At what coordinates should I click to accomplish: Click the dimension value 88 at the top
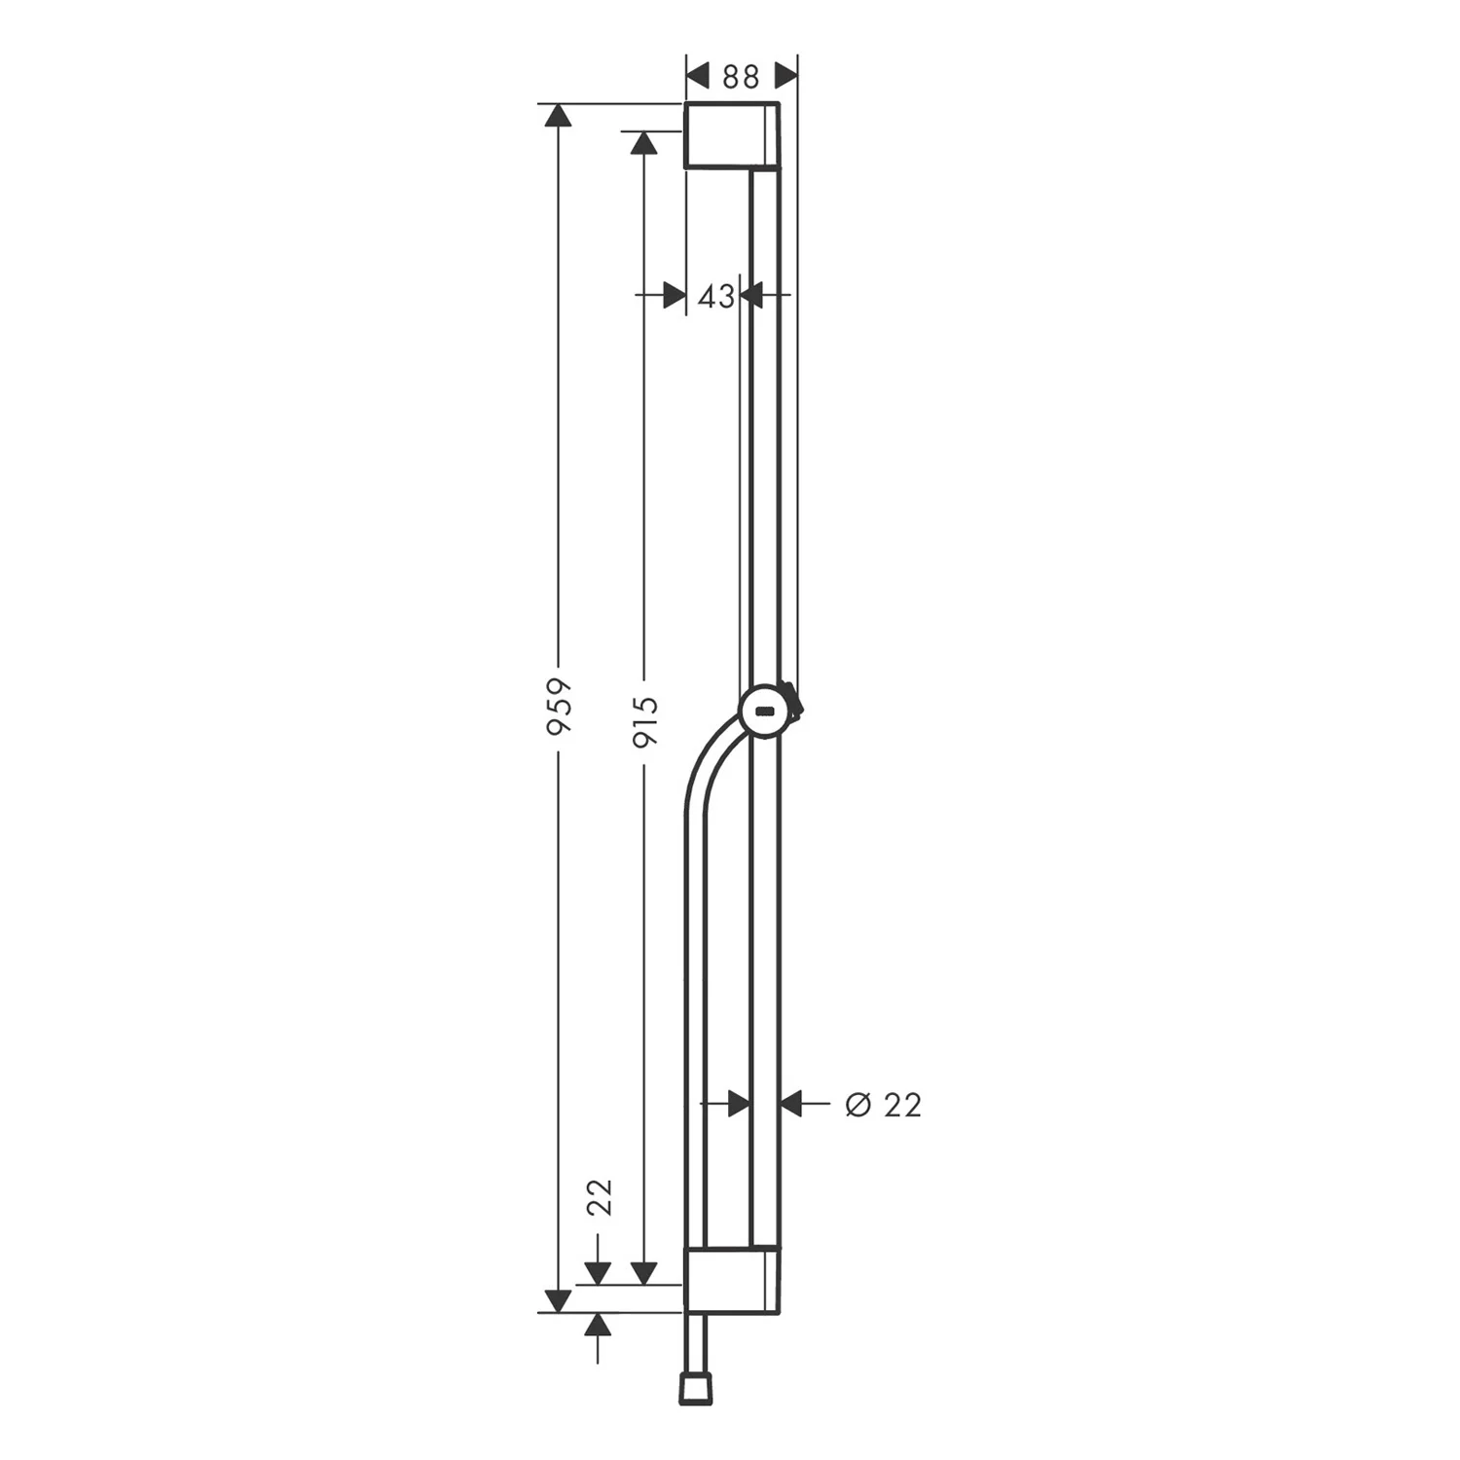[x=741, y=77]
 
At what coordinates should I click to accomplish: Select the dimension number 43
[x=715, y=296]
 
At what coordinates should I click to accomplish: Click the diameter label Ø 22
[x=883, y=1105]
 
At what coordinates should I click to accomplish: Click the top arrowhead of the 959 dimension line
[x=558, y=116]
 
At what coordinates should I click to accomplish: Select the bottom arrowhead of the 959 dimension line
[x=558, y=1299]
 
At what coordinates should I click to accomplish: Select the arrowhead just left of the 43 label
[x=674, y=295]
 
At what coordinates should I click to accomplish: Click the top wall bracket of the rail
[x=732, y=134]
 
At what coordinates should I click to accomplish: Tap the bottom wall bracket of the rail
[x=731, y=1279]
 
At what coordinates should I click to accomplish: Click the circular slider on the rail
[x=767, y=711]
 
